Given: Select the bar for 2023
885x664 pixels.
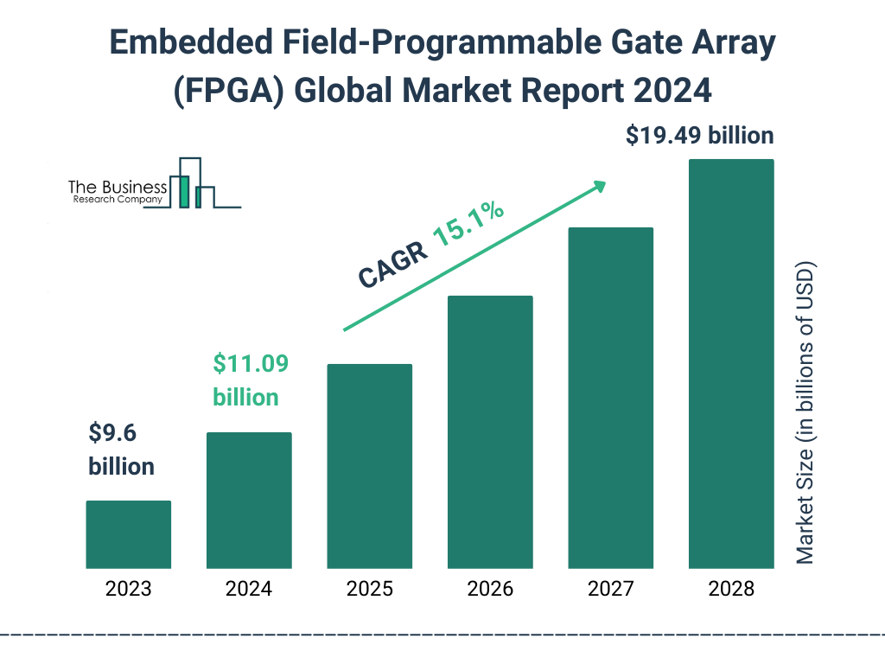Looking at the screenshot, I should click(x=128, y=534).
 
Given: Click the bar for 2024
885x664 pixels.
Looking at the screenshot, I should click(x=249, y=500).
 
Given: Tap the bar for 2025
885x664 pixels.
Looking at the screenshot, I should click(x=370, y=466).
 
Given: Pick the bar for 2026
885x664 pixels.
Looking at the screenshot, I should click(x=490, y=432).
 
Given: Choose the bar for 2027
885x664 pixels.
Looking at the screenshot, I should click(x=610, y=398).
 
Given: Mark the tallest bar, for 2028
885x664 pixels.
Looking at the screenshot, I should click(x=731, y=364).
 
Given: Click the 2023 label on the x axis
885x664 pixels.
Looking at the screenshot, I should click(x=128, y=590).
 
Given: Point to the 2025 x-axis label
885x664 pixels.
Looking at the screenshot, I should click(x=370, y=590).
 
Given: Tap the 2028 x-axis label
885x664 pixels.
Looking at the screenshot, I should click(x=731, y=590).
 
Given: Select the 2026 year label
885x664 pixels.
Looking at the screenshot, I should click(x=490, y=590).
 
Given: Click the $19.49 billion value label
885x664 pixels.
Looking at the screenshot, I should click(x=700, y=136).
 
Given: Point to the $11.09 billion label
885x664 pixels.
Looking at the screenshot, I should click(x=250, y=380).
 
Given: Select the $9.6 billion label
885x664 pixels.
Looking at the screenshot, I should click(x=121, y=449).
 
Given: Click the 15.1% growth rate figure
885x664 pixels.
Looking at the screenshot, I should click(x=468, y=227).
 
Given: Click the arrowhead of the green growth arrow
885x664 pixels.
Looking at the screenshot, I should click(x=598, y=185).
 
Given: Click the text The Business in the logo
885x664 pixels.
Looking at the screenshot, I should click(x=118, y=188).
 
